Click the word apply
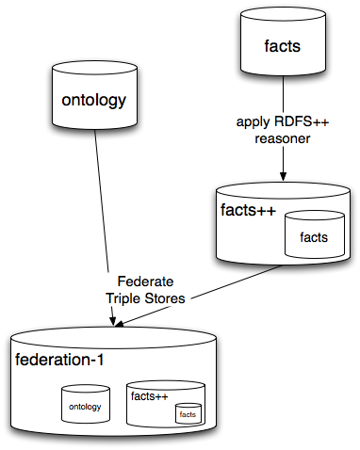tap(254, 121)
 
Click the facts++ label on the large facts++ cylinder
tap(247, 210)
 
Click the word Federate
tap(146, 281)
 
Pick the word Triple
tap(123, 297)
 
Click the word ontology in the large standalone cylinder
tap(93, 101)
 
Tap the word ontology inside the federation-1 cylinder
tap(86, 407)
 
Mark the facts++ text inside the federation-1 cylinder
tap(147, 395)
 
